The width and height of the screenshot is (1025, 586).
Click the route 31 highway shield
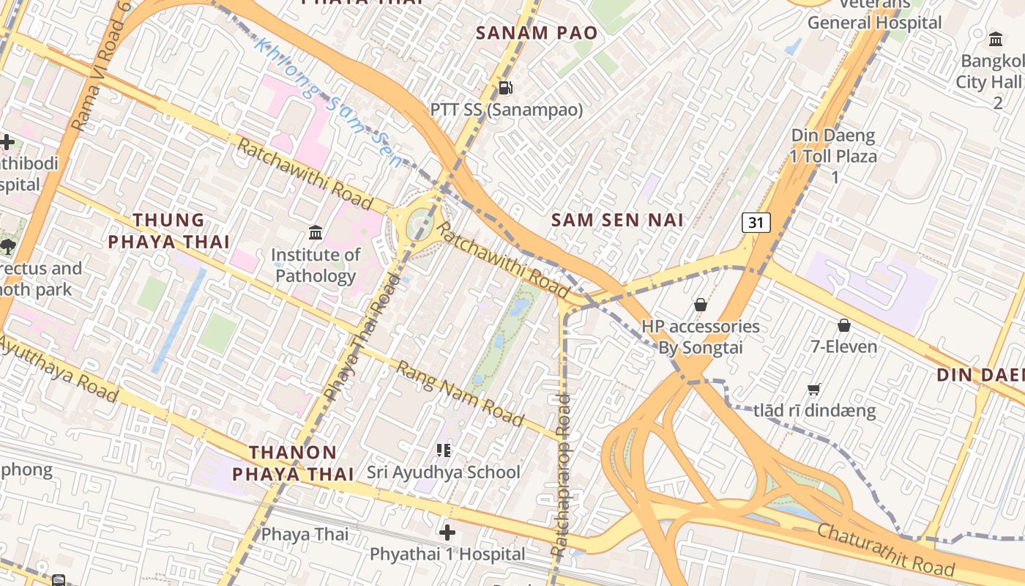tap(756, 222)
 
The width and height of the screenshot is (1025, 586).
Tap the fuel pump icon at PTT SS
tap(505, 88)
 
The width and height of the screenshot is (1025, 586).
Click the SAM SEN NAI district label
tap(617, 220)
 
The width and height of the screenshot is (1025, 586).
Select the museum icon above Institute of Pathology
tap(316, 233)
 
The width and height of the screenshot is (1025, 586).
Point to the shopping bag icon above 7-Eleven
tap(844, 324)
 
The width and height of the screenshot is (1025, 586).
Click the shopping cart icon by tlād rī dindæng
tap(813, 389)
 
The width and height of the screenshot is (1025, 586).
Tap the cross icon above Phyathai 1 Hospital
tap(447, 533)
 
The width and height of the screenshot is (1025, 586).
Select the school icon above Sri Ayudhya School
tap(443, 450)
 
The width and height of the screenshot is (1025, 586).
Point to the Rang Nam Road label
tap(460, 393)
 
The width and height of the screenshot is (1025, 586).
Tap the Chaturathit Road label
tap(885, 549)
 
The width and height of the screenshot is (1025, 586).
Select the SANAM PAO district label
tap(537, 33)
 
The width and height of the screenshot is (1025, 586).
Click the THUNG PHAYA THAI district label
tap(170, 231)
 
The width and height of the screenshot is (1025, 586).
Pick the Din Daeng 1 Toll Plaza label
tap(833, 156)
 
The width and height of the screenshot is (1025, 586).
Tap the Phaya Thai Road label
tap(363, 337)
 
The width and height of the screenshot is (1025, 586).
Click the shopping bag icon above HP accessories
tap(700, 304)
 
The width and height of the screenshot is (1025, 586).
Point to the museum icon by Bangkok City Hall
tap(995, 39)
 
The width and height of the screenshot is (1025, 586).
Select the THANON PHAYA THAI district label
tap(293, 463)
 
